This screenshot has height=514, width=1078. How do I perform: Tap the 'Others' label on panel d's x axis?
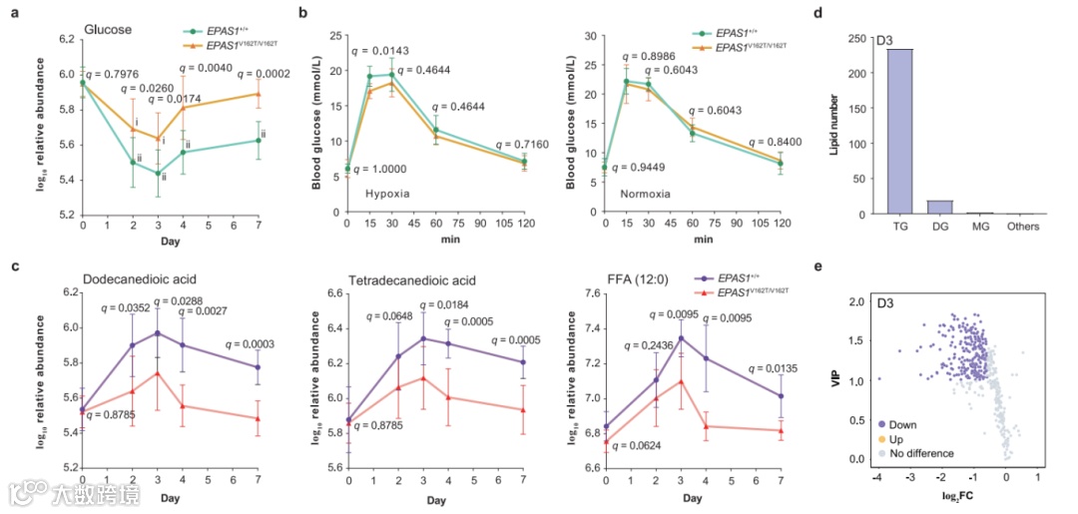coord(1023,227)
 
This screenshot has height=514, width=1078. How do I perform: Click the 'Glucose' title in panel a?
coord(109,29)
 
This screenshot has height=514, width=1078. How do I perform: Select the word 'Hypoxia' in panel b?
coord(387,192)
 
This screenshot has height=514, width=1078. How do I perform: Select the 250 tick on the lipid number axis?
coord(856,38)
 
